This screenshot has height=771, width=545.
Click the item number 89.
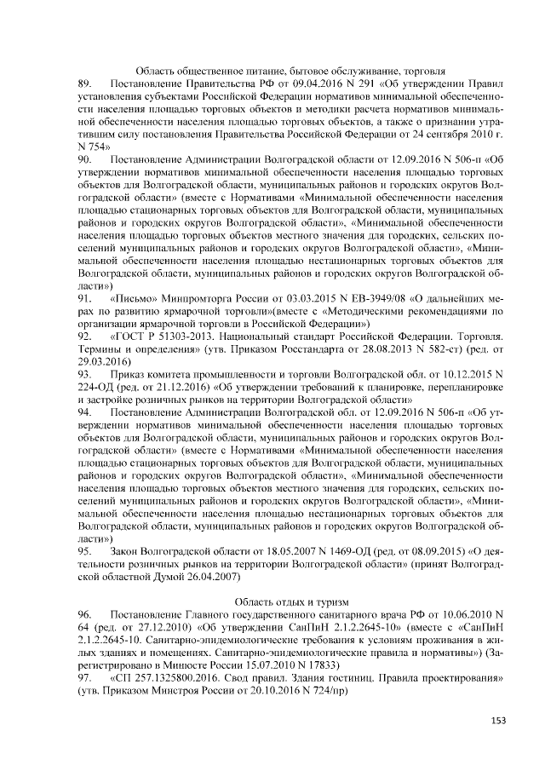pos(83,85)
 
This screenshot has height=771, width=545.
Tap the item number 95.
pos(83,552)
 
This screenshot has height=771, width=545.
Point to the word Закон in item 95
pos(123,552)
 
